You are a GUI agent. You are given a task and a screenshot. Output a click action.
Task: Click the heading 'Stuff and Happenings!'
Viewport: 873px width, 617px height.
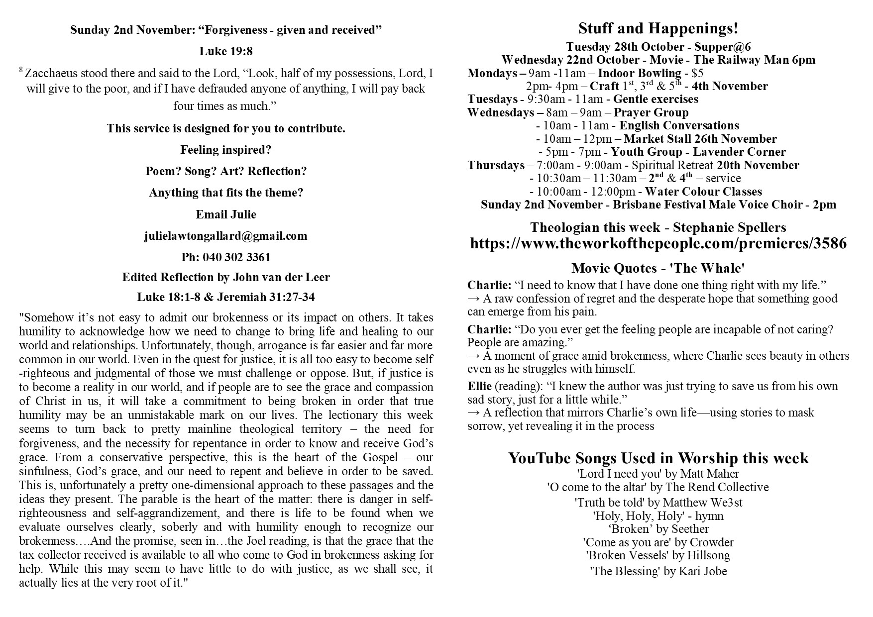pos(658,29)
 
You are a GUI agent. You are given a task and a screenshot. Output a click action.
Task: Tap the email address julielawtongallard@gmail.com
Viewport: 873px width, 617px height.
pos(225,236)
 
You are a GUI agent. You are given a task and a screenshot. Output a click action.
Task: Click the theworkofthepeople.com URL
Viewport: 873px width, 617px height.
pos(658,243)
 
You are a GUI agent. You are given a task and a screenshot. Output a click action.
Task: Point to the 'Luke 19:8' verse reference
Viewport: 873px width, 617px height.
pos(225,51)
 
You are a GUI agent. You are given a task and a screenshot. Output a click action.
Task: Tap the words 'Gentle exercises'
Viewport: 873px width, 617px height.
pos(655,99)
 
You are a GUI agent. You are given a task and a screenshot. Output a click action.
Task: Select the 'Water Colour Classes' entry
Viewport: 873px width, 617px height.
pos(703,192)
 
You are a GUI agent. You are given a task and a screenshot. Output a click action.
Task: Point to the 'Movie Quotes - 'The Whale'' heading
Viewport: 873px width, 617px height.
pos(658,269)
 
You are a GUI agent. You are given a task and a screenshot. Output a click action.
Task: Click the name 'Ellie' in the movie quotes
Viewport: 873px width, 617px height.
pos(479,386)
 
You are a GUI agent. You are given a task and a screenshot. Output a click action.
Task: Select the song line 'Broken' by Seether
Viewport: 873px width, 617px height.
pos(658,528)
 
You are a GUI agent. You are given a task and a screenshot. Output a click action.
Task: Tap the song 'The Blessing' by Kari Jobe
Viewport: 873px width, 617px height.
pos(658,571)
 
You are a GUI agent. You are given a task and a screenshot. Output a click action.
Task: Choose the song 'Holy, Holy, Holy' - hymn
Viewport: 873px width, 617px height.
pos(658,515)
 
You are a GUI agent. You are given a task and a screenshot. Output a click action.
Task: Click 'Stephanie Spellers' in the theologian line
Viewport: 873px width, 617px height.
pos(729,227)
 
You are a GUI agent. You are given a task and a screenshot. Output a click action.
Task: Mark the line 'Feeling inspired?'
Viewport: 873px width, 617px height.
pos(225,150)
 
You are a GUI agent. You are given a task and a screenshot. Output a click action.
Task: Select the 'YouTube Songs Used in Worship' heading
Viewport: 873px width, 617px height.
pos(658,458)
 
